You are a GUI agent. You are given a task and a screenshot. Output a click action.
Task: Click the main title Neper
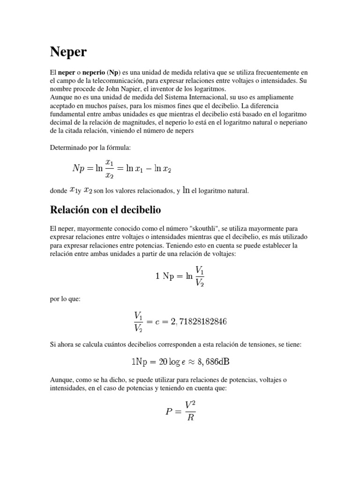68,52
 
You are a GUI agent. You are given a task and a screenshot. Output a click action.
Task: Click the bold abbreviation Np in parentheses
113,73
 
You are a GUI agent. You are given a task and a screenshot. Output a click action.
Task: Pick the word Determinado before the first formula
67,148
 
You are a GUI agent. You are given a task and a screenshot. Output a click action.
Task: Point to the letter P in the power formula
169,412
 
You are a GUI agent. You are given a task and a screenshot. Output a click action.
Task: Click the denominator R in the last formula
190,418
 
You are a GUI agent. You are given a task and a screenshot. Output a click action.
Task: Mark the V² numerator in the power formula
190,404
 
